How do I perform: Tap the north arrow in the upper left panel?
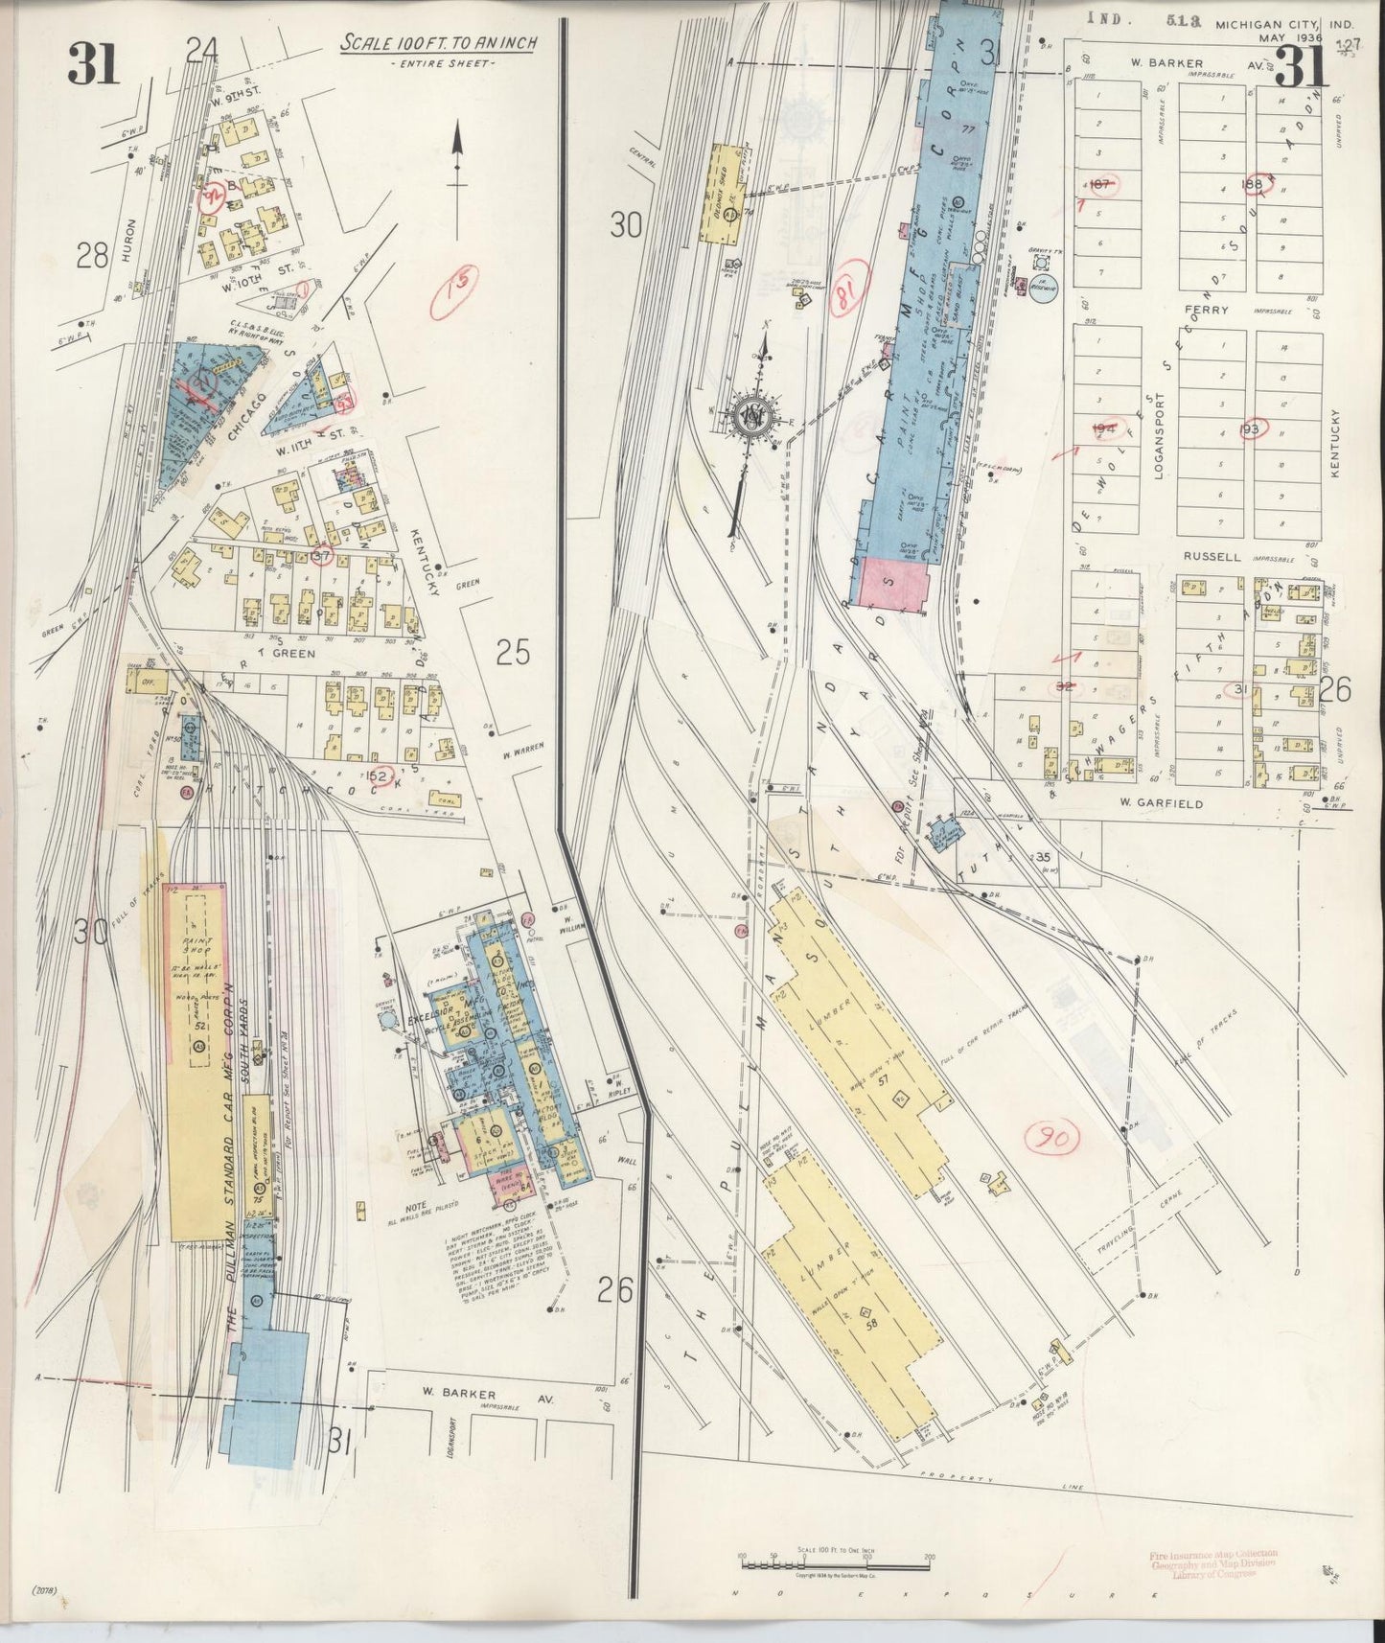point(458,158)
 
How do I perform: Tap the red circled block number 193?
point(1250,428)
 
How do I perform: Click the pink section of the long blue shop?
point(897,585)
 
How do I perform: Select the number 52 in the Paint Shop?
point(200,1026)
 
